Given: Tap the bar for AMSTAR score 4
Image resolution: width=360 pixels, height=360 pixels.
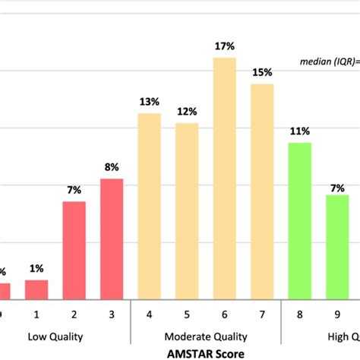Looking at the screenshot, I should (149, 206).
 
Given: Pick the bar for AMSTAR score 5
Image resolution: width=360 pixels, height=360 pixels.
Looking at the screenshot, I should (187, 211).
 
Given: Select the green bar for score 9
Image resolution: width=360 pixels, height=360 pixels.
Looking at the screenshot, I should (337, 247).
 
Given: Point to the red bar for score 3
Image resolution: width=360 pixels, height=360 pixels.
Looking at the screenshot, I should (112, 238).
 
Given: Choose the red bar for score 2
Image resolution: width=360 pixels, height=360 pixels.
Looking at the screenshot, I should (74, 250).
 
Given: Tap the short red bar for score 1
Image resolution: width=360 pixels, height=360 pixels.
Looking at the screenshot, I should (36, 289).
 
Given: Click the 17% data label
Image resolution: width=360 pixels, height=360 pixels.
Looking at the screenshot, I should (224, 47).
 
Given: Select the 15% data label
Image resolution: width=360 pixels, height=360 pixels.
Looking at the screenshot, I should (261, 73).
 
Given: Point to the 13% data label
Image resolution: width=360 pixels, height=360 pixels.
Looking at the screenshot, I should (149, 102).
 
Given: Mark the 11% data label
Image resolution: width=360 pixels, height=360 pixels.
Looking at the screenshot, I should (299, 131).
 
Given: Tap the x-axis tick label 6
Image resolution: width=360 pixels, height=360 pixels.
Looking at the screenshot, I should (224, 312).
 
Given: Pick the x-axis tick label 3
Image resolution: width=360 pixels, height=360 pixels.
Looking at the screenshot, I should (112, 312).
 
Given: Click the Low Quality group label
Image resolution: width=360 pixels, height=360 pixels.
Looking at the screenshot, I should (55, 335).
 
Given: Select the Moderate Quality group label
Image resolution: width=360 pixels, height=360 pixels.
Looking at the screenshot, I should (205, 335).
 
